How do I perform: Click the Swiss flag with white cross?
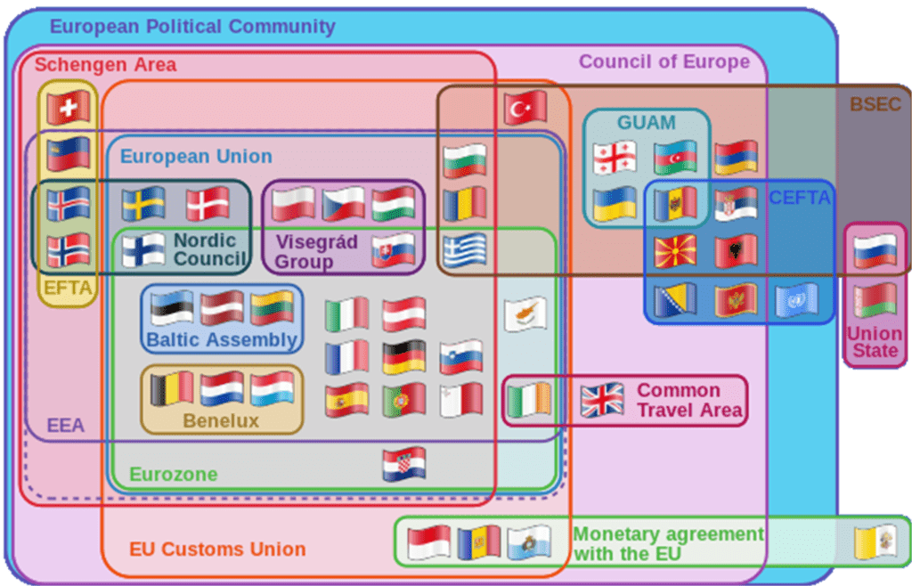coord(69,108)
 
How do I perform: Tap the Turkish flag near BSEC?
coord(525,108)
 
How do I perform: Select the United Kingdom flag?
coord(602,400)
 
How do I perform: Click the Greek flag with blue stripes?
coord(464,250)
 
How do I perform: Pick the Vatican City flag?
coord(875,541)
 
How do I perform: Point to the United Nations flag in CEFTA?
coord(796,300)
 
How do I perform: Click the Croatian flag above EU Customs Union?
coord(404,464)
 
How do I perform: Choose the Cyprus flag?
coord(525,313)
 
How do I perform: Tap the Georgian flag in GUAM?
coord(615,158)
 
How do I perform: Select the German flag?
coord(404,357)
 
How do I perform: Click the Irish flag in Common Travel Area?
coord(529,400)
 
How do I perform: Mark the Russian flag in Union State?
coord(875,250)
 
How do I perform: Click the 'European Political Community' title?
coord(192,26)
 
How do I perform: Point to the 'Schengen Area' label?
coord(105,64)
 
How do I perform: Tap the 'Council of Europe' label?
coord(664,61)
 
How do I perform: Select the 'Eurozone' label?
coord(174,475)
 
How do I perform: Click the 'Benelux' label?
coord(221,420)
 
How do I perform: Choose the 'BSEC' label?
coord(875,104)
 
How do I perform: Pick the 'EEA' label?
coord(66,425)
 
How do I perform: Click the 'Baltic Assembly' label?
coord(222,339)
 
